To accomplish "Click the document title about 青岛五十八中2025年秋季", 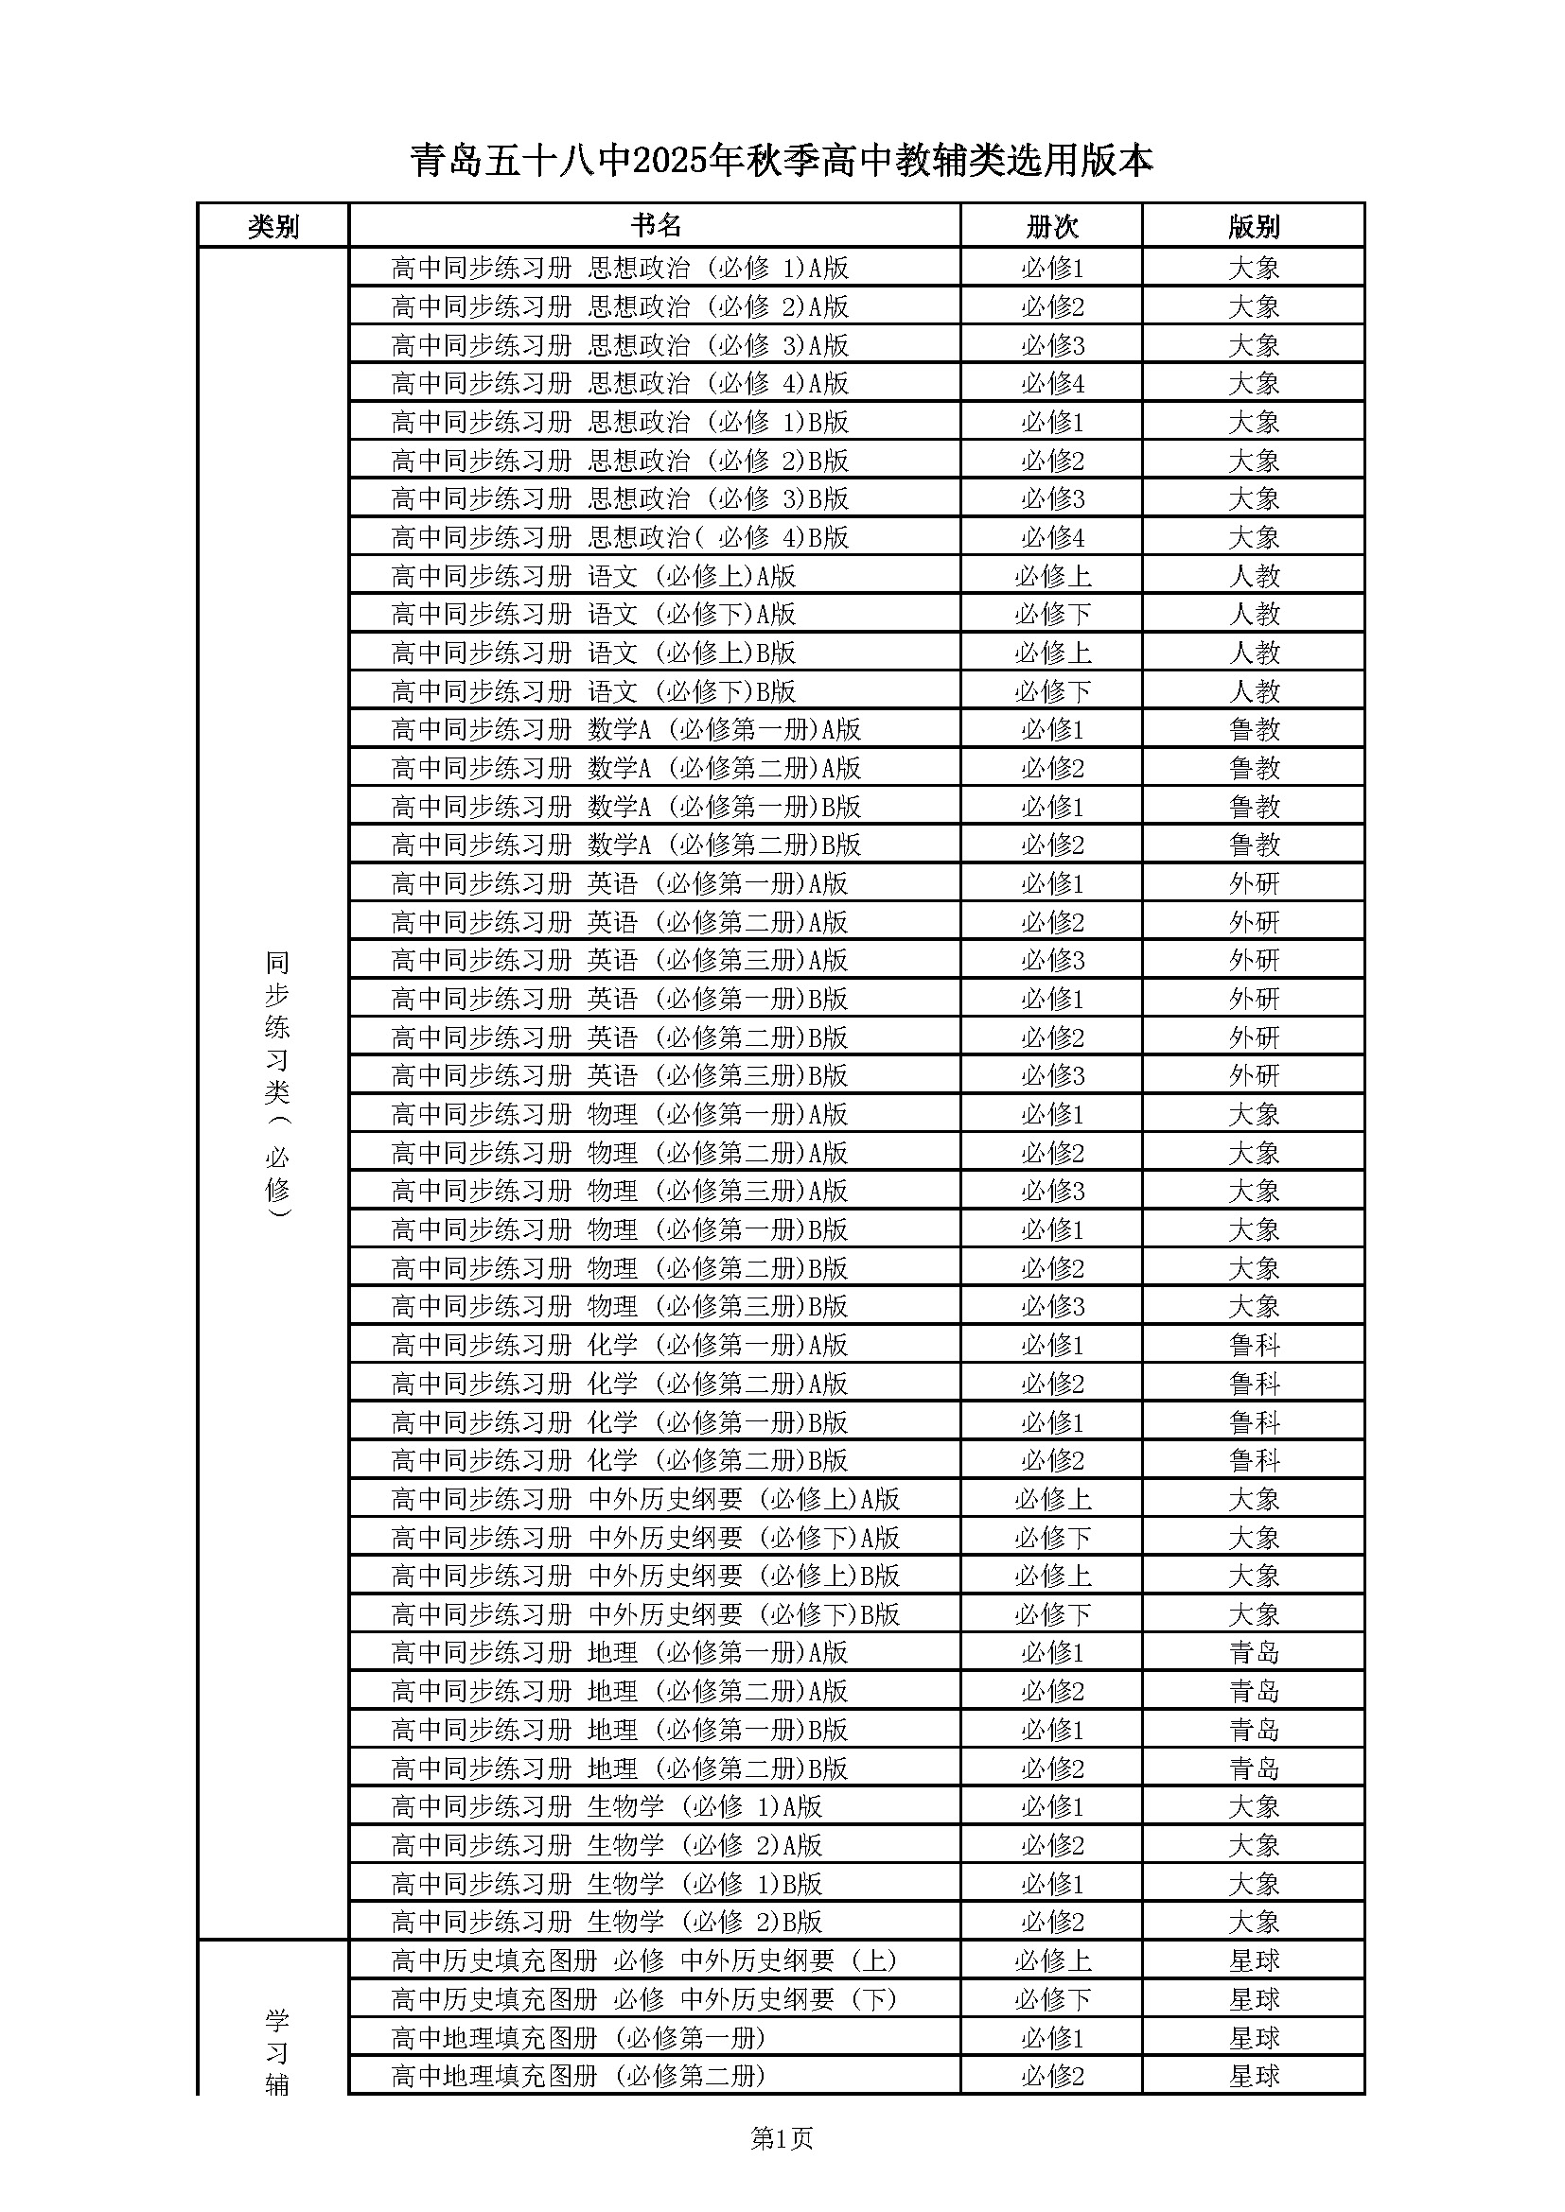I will [x=782, y=161].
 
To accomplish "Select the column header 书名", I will [x=656, y=225].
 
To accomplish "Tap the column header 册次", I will [x=1051, y=226].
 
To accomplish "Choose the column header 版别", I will [x=1254, y=226].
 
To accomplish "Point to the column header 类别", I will [x=273, y=226].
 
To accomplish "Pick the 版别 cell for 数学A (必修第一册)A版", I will [x=1254, y=729].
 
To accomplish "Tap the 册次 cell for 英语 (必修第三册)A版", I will [x=1052, y=961].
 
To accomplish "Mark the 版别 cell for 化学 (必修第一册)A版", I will [x=1254, y=1345].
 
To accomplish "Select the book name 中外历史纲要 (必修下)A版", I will [x=645, y=1538].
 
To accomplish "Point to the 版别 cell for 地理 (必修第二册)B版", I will [x=1254, y=1768].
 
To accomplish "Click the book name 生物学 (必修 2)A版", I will [x=607, y=1845].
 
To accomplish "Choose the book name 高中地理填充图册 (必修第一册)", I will [x=578, y=2038].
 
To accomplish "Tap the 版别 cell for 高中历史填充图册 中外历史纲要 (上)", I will [x=1254, y=1960].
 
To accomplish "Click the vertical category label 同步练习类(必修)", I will [x=276, y=1084].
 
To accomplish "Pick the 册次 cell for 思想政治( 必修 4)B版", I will [x=1052, y=537].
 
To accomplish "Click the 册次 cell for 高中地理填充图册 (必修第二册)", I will [x=1052, y=2076].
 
